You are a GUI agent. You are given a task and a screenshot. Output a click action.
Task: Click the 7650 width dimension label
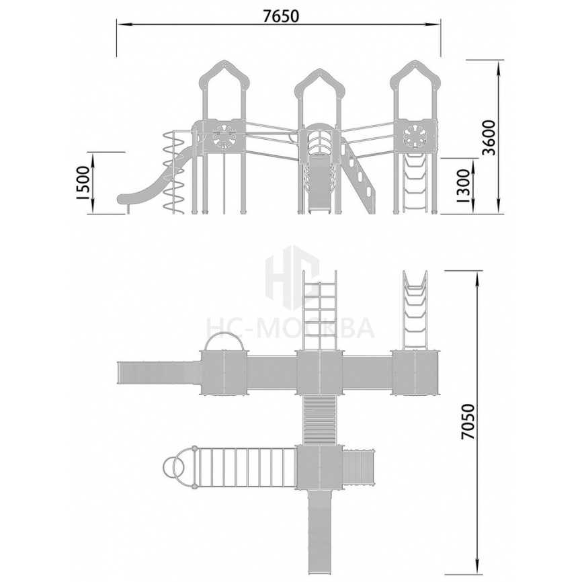tap(281, 16)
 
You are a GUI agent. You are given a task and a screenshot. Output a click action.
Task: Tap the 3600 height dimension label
tap(489, 138)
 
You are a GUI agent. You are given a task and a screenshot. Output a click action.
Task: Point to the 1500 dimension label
tap(83, 183)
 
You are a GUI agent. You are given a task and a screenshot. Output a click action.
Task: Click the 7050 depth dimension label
tap(468, 423)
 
